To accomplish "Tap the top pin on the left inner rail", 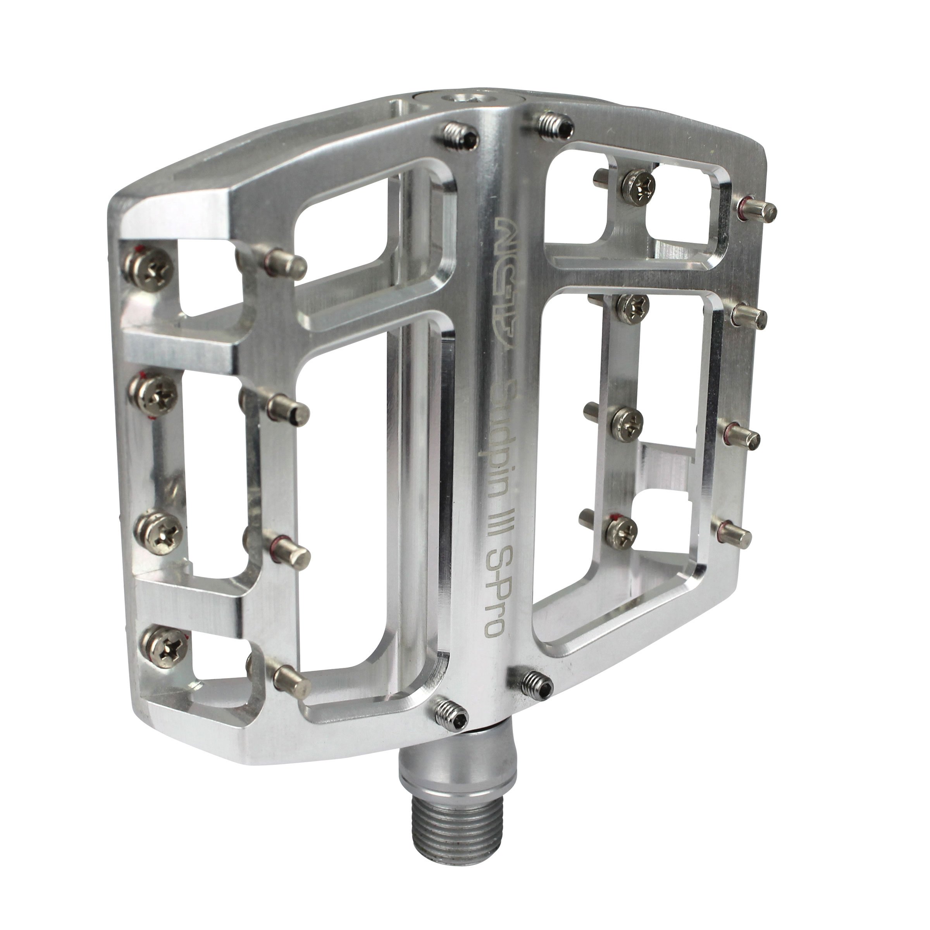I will tap(286, 262).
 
